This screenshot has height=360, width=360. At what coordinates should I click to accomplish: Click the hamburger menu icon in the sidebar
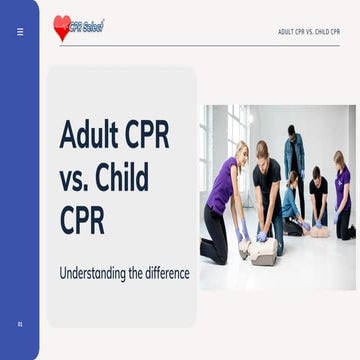[20, 31]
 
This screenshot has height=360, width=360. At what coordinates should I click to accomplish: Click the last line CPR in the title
[82, 221]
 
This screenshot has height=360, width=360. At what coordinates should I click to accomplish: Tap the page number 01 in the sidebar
[20, 324]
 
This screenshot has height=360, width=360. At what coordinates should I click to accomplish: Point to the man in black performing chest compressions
[267, 195]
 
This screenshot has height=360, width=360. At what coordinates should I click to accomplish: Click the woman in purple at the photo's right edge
[342, 195]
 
